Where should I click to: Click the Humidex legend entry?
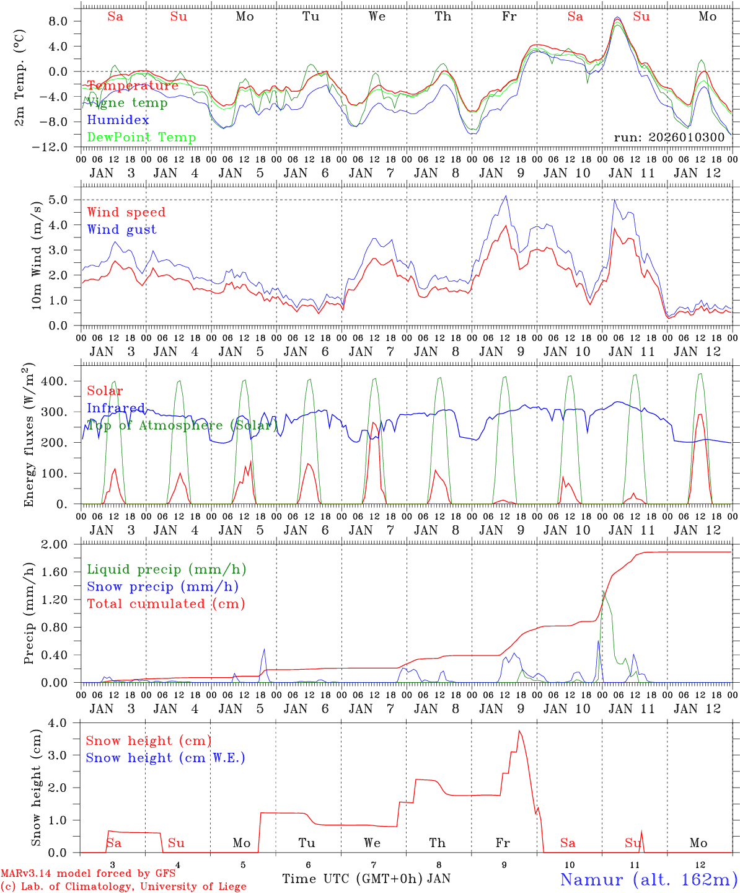(x=118, y=120)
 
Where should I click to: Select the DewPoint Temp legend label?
(x=141, y=137)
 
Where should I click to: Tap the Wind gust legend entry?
(x=121, y=229)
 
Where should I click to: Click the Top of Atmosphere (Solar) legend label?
(x=182, y=425)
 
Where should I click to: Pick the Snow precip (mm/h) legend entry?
(x=162, y=587)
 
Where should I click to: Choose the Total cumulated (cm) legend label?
(x=165, y=603)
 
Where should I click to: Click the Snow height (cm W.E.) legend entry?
(x=165, y=758)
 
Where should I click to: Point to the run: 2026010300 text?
(x=669, y=137)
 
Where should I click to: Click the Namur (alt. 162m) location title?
(x=648, y=879)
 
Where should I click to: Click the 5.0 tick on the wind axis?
(x=60, y=200)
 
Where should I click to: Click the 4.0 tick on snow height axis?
(x=60, y=723)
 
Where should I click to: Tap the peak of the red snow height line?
(x=519, y=731)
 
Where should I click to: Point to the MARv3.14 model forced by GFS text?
(x=88, y=874)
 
